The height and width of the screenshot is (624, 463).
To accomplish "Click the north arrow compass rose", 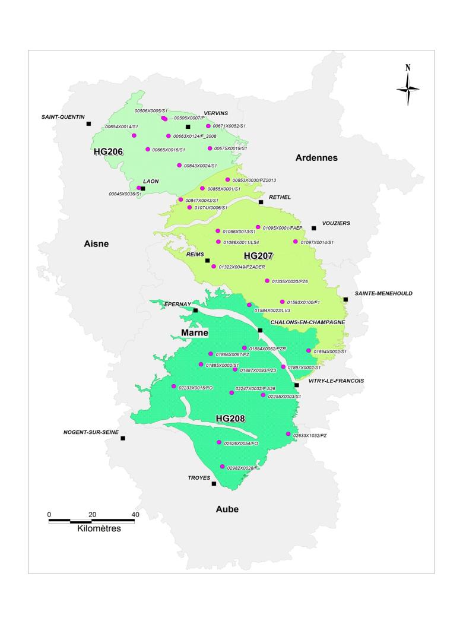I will (408, 87).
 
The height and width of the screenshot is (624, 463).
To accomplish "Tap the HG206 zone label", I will (108, 151).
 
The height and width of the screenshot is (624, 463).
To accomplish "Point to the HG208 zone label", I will (230, 419).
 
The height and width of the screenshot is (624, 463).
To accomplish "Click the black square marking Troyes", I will (214, 484).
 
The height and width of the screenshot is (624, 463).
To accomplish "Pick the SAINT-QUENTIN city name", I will (63, 117).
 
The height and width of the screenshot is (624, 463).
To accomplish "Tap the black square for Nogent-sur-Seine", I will (123, 438).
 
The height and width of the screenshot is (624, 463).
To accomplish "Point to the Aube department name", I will (227, 509).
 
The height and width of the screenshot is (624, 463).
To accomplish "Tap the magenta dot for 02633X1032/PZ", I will (288, 434).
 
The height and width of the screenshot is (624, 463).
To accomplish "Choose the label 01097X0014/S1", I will (318, 242).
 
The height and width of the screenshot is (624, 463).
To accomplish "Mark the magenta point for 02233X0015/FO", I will (173, 387).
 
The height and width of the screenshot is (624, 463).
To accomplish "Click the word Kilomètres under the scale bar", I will (99, 528).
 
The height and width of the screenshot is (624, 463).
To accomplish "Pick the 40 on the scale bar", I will (135, 514).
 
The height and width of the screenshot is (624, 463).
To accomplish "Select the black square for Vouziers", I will (314, 228).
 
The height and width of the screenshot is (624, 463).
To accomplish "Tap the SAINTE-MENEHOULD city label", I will (383, 293).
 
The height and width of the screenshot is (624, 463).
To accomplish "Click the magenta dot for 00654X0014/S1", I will (134, 135).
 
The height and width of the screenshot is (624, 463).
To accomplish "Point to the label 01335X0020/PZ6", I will (290, 281).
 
